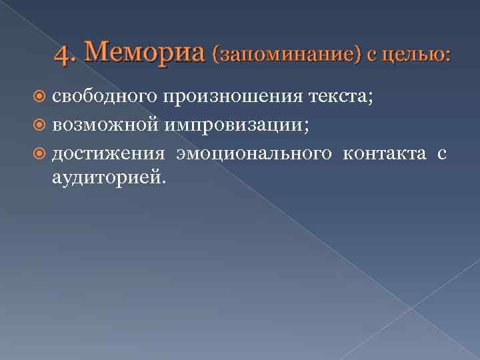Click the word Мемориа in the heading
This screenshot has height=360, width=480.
point(143,52)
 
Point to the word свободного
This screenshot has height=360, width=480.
point(104,97)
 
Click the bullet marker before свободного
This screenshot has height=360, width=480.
point(40,98)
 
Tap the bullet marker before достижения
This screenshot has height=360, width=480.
point(40,155)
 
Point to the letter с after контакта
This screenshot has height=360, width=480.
point(441,155)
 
